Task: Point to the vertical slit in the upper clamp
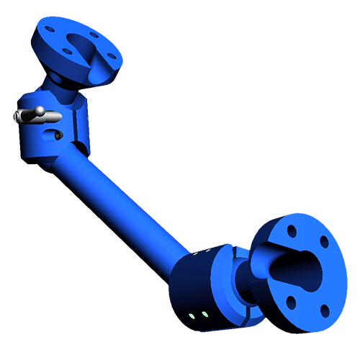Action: (75, 122)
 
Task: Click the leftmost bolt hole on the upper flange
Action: (49, 30)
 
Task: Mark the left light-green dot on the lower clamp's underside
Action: (192, 315)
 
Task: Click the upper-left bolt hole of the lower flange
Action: (292, 232)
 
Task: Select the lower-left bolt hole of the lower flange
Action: (291, 300)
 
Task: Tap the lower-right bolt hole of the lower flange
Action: (324, 310)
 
